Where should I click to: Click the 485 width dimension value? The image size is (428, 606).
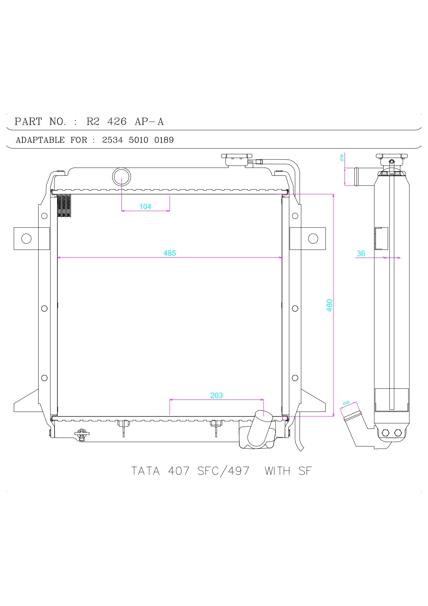(169, 253)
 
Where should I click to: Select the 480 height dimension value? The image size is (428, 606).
(329, 305)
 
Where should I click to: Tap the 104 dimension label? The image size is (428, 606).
(145, 206)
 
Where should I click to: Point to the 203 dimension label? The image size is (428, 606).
(216, 395)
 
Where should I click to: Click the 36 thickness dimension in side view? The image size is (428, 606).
(361, 253)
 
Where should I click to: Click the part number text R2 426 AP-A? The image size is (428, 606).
(125, 122)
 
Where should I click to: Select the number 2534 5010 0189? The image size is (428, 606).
(138, 140)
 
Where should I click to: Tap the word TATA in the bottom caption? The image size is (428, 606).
(145, 471)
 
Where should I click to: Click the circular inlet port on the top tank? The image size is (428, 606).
(121, 177)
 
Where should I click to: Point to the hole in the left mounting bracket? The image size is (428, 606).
(26, 239)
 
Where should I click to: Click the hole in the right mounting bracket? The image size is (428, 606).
(313, 239)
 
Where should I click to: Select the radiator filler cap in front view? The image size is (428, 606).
(237, 159)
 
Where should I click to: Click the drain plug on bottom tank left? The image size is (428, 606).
(82, 435)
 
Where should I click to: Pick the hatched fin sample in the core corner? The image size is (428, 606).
(64, 206)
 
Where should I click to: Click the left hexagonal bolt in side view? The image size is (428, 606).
(386, 433)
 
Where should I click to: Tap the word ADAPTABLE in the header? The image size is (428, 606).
(40, 140)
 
